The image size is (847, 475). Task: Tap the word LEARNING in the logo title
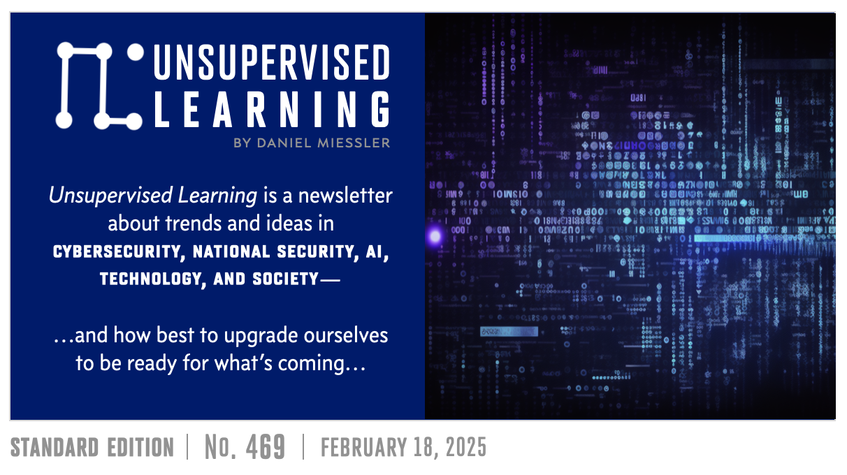[x=271, y=110]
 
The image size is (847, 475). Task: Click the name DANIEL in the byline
[x=287, y=142]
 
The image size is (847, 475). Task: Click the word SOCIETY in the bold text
[x=287, y=279]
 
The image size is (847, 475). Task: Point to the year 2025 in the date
[x=464, y=448]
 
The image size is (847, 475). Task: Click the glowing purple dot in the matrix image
[x=435, y=236]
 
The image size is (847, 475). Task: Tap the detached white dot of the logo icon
[x=136, y=52]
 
